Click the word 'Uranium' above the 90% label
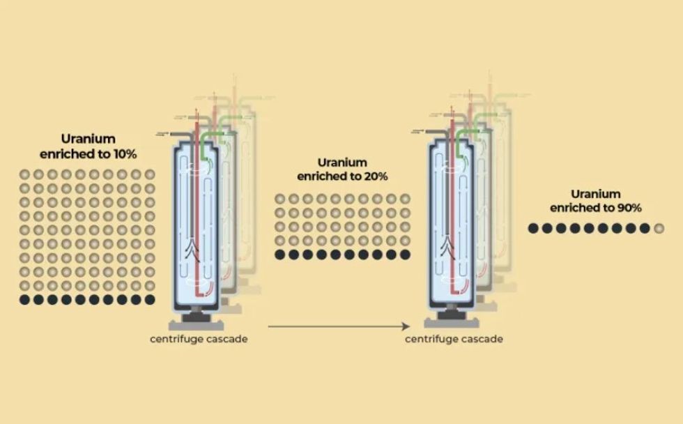[596, 194]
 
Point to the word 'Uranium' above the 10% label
[89, 139]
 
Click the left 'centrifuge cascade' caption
[199, 340]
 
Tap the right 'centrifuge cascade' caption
[454, 340]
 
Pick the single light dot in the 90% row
[659, 228]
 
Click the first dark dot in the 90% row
[533, 228]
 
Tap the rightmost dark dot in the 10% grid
[150, 299]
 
